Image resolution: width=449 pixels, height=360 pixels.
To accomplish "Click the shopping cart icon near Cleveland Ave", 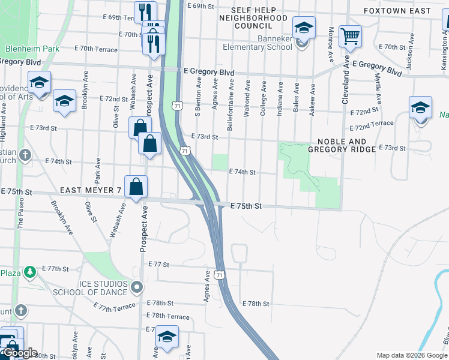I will [x=349, y=35].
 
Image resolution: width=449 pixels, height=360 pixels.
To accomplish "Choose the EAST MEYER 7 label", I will [x=91, y=190].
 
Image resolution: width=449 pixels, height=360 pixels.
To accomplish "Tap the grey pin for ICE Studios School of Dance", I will [x=137, y=287].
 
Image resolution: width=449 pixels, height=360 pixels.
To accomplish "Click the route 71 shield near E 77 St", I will [x=221, y=275].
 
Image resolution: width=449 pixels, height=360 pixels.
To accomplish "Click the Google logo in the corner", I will [x=20, y=353].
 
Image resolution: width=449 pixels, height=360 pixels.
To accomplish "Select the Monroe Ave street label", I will [x=331, y=44].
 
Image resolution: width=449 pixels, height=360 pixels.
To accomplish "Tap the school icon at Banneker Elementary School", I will [x=304, y=28].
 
